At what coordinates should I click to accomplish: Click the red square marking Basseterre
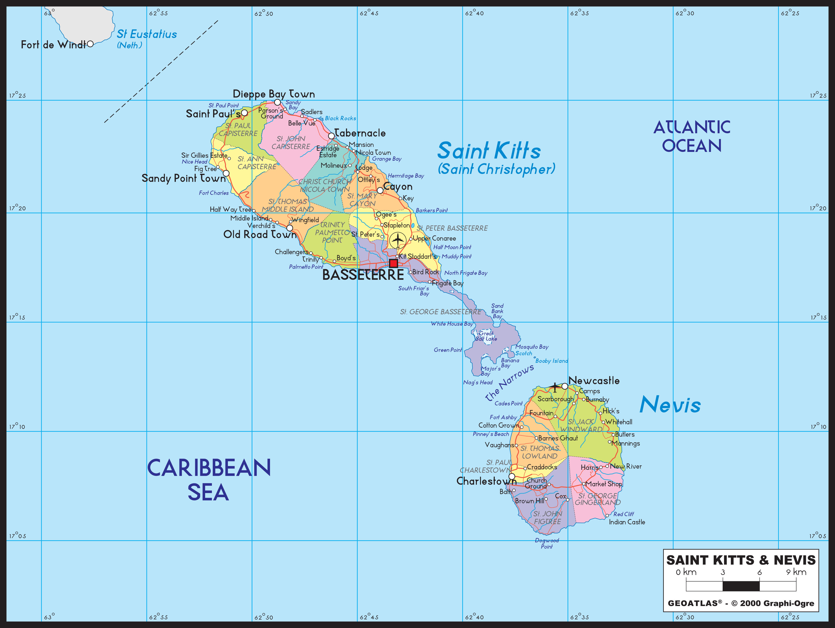coord(393,263)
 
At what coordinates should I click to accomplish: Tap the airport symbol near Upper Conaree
coord(398,240)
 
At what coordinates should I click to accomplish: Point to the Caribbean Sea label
coord(209,479)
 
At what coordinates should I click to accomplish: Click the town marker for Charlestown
coord(512,476)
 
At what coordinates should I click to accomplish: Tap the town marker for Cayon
coord(380,191)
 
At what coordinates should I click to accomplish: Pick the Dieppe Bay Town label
coord(274,94)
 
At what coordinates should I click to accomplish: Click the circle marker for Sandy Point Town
coord(226,173)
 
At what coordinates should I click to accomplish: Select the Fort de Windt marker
coord(90,44)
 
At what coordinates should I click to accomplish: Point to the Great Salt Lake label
coord(486,336)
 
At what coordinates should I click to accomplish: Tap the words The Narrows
coord(510,382)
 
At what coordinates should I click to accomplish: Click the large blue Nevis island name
coord(670,405)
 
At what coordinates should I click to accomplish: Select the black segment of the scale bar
coord(741,586)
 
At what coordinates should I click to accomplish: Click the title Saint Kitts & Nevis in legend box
coord(741,560)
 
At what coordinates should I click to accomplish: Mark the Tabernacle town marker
coord(331,136)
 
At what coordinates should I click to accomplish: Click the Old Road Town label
coord(260,235)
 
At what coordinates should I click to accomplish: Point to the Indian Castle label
coord(627,522)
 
